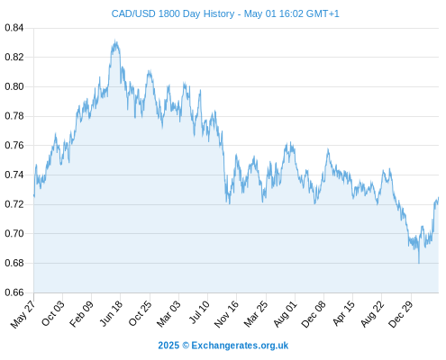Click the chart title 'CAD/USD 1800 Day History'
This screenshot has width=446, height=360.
pyautogui.click(x=173, y=13)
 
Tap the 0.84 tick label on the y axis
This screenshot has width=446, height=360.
pyautogui.click(x=14, y=28)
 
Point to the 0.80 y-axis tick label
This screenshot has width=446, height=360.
pyautogui.click(x=14, y=86)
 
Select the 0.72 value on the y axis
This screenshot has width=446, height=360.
pyautogui.click(x=14, y=204)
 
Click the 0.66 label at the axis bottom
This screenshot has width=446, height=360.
pyautogui.click(x=14, y=292)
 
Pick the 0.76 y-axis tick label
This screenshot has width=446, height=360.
pyautogui.click(x=14, y=146)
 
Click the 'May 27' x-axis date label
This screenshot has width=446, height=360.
pyautogui.click(x=23, y=314)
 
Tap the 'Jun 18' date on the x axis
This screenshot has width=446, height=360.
pyautogui.click(x=111, y=313)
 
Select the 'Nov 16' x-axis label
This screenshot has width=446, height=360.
pyautogui.click(x=226, y=314)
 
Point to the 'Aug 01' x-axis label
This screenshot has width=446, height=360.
pyautogui.click(x=285, y=314)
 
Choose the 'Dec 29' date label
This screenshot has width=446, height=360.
pyautogui.click(x=401, y=314)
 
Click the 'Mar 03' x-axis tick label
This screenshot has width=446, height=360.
pyautogui.click(x=168, y=313)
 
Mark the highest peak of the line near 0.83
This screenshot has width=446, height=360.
pyautogui.click(x=115, y=40)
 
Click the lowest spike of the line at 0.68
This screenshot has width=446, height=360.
pyautogui.click(x=419, y=263)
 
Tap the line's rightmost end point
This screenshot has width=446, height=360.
pyautogui.click(x=439, y=197)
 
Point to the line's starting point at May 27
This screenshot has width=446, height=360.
pyautogui.click(x=34, y=195)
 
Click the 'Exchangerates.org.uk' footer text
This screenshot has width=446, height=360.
pyautogui.click(x=240, y=346)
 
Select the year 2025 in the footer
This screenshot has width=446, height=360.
pyautogui.click(x=168, y=346)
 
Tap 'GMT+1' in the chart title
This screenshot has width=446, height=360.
pyautogui.click(x=323, y=13)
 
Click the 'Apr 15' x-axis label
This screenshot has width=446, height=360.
pyautogui.click(x=343, y=313)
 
